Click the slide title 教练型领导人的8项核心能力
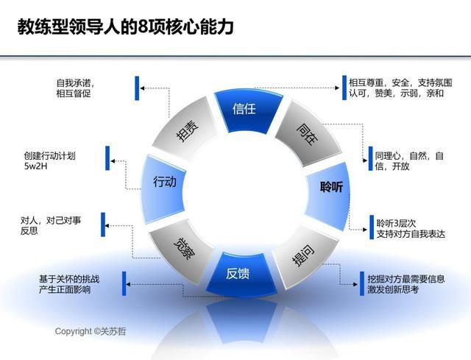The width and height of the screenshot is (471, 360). coord(125,28)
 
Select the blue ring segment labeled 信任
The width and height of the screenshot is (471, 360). coord(244,109)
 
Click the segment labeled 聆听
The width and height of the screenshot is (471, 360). coord(329,187)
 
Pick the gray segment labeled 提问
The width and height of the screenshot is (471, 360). coord(301,255)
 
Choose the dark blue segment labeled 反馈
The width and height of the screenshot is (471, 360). coord(238,273)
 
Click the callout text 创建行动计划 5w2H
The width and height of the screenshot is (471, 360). coord(49,160)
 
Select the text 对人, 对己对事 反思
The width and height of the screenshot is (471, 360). coord(51,225)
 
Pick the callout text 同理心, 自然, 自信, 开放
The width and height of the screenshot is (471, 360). coord(408,160)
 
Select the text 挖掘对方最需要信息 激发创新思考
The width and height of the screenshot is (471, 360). coord(406,284)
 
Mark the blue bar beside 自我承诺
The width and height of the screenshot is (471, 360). coord(137,88)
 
